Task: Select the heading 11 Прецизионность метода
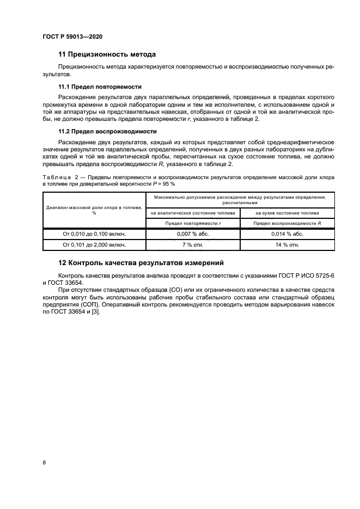107,54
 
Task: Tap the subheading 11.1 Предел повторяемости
100,87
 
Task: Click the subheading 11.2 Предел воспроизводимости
107,131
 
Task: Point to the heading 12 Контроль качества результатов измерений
141,262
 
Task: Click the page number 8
44,462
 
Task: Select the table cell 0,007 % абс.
193,234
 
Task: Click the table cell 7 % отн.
193,244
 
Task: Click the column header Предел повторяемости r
193,223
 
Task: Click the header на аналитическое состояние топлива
193,213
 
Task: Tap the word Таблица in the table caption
56,177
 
